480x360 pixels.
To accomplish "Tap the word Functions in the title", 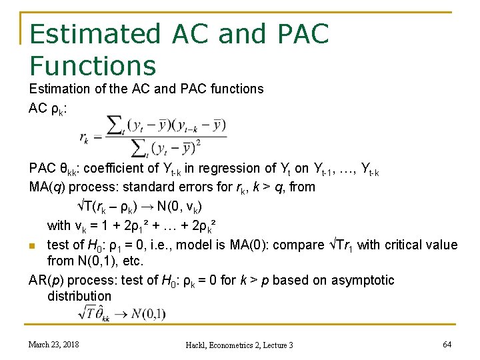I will click(93, 65).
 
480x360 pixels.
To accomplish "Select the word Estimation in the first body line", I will click(61, 89).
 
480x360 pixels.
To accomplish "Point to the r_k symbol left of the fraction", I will click(84, 138).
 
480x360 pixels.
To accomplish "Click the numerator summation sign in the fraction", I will click(116, 125).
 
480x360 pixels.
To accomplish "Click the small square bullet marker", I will click(33, 246).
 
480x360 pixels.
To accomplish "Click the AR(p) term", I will click(47, 280).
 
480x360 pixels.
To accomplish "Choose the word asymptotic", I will click(360, 280).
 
